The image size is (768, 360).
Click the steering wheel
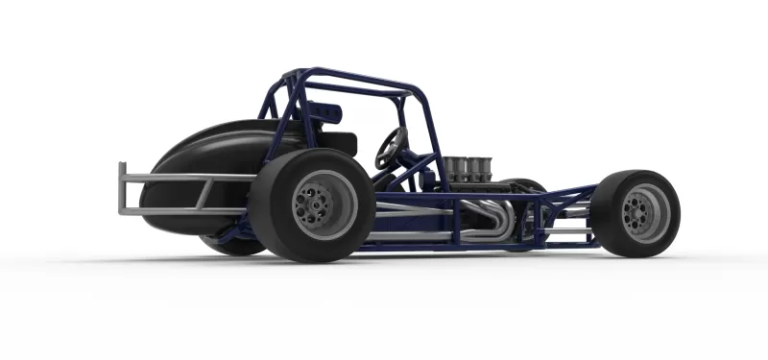coord(390,147)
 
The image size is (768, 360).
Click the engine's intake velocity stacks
coord(467,167)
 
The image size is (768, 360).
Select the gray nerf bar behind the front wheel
coord(568,230)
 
